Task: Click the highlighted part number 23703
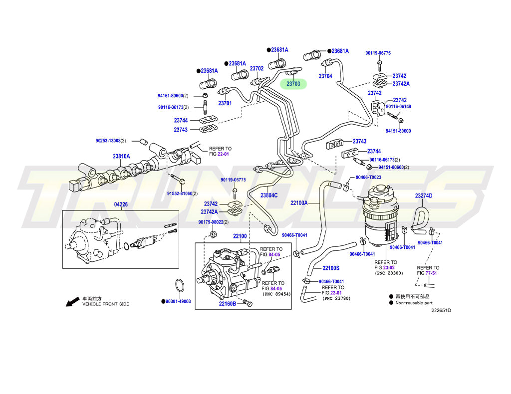(x=293, y=84)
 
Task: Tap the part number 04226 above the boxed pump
(x=121, y=204)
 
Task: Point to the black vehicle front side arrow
(x=72, y=301)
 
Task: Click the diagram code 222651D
(x=441, y=310)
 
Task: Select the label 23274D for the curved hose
(x=423, y=196)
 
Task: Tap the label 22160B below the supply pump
(x=228, y=303)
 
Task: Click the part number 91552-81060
(x=182, y=194)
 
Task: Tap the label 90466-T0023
(x=368, y=178)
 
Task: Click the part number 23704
(x=325, y=76)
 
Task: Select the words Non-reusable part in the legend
(x=414, y=303)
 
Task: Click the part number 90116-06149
(x=398, y=106)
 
